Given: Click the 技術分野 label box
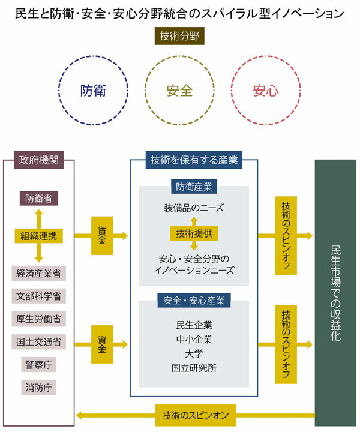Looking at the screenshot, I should (x=180, y=37).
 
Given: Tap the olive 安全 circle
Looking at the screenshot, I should (x=179, y=91).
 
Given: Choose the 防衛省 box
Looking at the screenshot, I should (x=38, y=197).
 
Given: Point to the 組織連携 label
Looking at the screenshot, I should (x=39, y=235).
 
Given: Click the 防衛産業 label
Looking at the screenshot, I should (x=194, y=186).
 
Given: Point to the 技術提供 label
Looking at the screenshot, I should (x=194, y=233).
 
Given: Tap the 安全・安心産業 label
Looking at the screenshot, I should (x=194, y=300).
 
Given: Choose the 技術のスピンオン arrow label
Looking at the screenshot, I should (x=194, y=414).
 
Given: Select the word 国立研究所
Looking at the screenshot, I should (x=194, y=368).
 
